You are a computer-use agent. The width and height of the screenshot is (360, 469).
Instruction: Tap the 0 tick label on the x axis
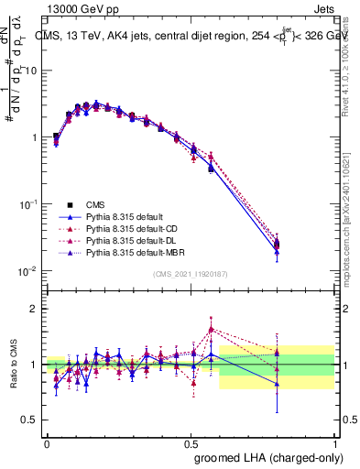(47, 442)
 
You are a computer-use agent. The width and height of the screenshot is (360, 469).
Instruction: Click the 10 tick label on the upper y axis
(30, 71)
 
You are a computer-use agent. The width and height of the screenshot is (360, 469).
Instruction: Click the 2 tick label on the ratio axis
(34, 310)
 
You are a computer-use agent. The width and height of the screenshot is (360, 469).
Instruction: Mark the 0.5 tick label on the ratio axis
(29, 420)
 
